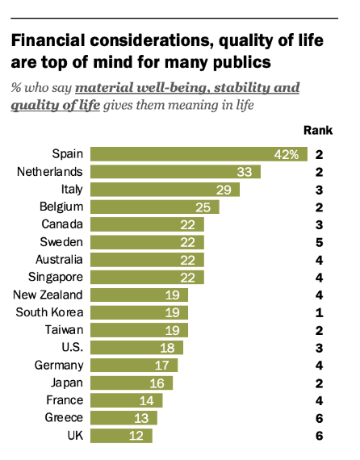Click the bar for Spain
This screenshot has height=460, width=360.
click(198, 154)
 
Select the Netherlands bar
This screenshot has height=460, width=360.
click(175, 172)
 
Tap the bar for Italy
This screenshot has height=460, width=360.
click(165, 190)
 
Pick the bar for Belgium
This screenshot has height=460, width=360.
click(154, 207)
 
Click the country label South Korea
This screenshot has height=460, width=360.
click(52, 312)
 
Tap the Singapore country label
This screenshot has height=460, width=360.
click(56, 277)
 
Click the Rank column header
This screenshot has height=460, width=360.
click(317, 130)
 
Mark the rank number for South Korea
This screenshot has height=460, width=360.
click(320, 312)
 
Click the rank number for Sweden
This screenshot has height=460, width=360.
click(320, 242)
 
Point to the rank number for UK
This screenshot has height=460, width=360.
click(320, 436)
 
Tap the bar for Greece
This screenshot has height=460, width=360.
click(123, 418)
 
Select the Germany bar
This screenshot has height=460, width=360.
click(134, 366)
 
